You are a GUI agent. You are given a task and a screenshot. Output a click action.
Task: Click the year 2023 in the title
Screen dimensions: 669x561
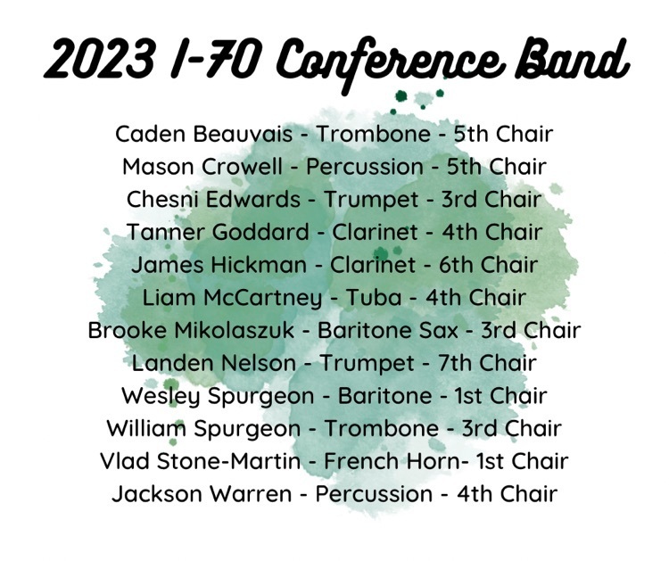[x=99, y=58]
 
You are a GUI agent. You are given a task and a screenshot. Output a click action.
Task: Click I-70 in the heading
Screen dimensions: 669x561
[x=215, y=58]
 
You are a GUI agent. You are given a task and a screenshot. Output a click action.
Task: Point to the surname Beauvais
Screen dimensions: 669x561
[x=243, y=134]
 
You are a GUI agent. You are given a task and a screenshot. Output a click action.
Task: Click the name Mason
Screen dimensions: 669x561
[x=159, y=167]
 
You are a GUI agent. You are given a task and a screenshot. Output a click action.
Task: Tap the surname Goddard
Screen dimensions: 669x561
[x=260, y=232]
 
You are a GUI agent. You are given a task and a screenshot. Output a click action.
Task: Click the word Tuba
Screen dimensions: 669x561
[x=374, y=297]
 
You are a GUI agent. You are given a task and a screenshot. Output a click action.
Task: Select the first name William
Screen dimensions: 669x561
[x=146, y=428]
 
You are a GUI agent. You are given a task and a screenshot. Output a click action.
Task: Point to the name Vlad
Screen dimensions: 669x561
[x=125, y=461]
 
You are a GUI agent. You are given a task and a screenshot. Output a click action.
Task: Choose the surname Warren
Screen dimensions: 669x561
[x=251, y=494]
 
